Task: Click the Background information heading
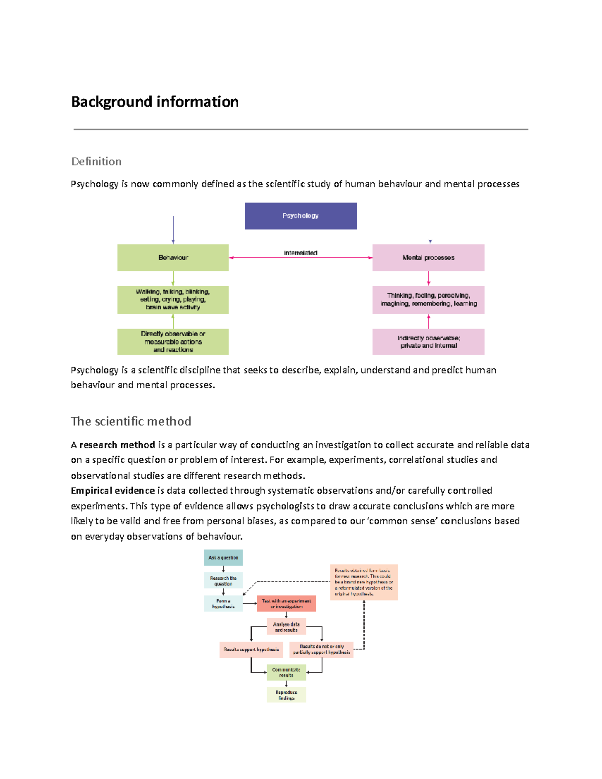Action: [x=155, y=102]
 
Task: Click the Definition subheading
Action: [x=96, y=161]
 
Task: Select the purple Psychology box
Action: [x=300, y=216]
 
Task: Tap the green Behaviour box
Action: [x=173, y=258]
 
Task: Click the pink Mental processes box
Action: [x=428, y=258]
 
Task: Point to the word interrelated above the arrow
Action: [x=300, y=253]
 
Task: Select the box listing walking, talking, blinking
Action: [x=173, y=299]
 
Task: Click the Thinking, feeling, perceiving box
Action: [x=428, y=299]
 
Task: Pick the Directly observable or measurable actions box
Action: [x=173, y=342]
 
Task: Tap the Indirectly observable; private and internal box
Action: [x=428, y=342]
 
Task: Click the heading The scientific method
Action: [x=131, y=421]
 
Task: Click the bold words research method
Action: [x=117, y=445]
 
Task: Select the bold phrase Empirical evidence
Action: [x=113, y=491]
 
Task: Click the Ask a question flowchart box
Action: [x=223, y=557]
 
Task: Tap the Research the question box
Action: [x=223, y=580]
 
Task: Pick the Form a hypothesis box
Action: [x=223, y=603]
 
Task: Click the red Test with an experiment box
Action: [x=286, y=603]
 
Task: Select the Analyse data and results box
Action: [x=286, y=627]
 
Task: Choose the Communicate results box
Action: [x=286, y=672]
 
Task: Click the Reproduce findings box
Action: [x=286, y=695]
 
